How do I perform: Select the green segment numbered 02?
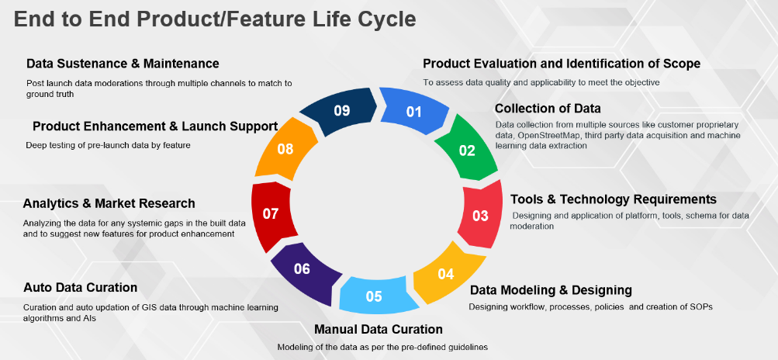pos(466,149)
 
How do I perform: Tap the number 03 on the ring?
pos(480,216)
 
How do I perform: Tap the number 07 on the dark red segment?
pos(271,214)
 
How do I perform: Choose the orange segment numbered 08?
pos(286,148)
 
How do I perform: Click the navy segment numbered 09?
pos(341,111)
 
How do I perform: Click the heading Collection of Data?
pos(548,109)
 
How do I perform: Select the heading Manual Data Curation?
pos(379,329)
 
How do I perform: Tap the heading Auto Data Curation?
pos(81,288)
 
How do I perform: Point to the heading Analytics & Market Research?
pos(109,203)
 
